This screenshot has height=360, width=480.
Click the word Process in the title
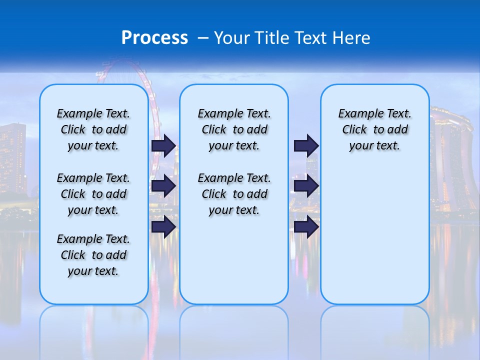click(x=154, y=38)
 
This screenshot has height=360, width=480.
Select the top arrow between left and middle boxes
click(x=163, y=145)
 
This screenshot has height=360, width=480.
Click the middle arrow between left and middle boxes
click(x=163, y=186)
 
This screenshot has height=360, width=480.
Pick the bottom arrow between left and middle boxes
click(x=163, y=227)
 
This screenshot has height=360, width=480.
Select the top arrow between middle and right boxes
click(x=306, y=145)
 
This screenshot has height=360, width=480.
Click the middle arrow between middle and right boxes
click(x=306, y=186)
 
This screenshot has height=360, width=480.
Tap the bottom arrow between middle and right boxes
click(x=306, y=227)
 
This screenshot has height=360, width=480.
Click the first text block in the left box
click(x=93, y=129)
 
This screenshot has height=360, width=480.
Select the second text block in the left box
click(x=93, y=194)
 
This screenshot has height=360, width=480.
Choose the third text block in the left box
click(x=93, y=255)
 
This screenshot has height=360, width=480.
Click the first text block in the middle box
click(x=234, y=129)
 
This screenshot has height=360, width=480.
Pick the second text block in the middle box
click(x=234, y=194)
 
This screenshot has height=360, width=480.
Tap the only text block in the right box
click(x=374, y=129)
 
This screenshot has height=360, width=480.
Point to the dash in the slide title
click(x=203, y=38)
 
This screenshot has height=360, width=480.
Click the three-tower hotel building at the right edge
click(x=452, y=160)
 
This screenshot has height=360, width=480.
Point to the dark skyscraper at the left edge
click(x=12, y=160)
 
